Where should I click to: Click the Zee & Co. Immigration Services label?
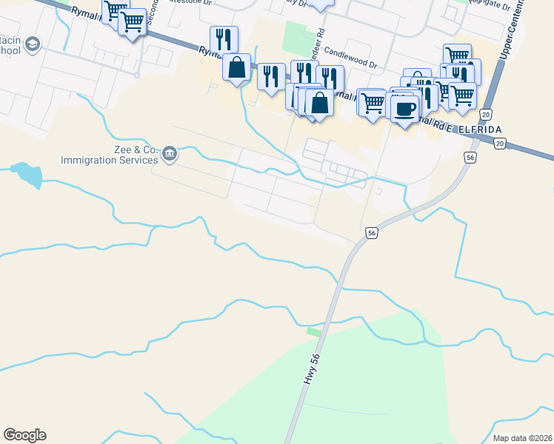111,155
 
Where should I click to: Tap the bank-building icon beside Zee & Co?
170,153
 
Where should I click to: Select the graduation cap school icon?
32,45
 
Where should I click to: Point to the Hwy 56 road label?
312,367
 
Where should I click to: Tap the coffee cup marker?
404,109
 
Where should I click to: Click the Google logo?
24,435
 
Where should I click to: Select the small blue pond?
27,175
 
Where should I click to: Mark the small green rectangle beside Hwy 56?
314,332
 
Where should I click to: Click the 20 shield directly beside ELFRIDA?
500,144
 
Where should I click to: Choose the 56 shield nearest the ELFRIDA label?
470,157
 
